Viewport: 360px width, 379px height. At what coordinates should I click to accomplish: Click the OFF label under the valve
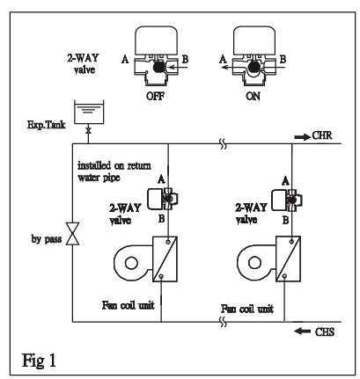click(x=155, y=96)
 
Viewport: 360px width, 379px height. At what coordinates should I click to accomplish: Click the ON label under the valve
click(x=253, y=96)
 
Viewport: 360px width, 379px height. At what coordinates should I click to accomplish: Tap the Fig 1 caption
click(x=39, y=361)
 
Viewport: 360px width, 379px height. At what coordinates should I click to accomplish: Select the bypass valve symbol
click(x=72, y=234)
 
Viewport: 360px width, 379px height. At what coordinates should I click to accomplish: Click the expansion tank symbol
click(x=89, y=113)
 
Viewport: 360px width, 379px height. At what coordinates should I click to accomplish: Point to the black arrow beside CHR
click(x=303, y=136)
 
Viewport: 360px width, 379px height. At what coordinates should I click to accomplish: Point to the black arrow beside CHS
click(x=303, y=332)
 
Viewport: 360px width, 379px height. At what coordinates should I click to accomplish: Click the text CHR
click(x=322, y=135)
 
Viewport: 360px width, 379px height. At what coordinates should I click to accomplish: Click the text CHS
click(x=325, y=332)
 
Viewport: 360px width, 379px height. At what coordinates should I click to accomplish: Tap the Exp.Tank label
click(x=47, y=125)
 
